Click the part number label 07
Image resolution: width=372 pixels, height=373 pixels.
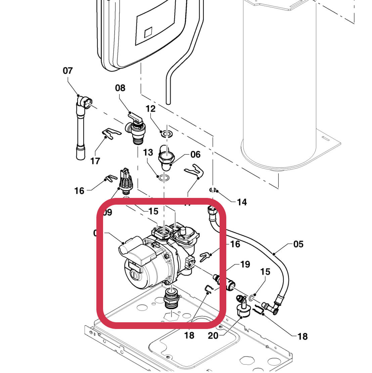pos(67,71)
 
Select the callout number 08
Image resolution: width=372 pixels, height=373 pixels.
pos(120,88)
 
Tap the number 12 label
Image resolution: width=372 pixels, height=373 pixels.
pos(151,109)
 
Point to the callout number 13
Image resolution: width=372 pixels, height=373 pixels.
pos(148,153)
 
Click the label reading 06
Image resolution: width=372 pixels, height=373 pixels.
pos(195,155)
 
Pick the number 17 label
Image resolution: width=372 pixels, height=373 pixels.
pos(95,161)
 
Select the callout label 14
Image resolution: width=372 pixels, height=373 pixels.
pos(242,202)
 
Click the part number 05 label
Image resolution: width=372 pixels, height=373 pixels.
pos(298,244)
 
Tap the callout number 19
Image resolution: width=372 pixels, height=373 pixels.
pos(245,264)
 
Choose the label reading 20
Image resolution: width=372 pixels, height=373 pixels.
pos(213,335)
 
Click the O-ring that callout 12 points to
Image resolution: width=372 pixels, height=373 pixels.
pos(166,134)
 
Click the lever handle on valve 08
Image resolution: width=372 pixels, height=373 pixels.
pos(135,118)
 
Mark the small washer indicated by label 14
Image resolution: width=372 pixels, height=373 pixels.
pos(212,190)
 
